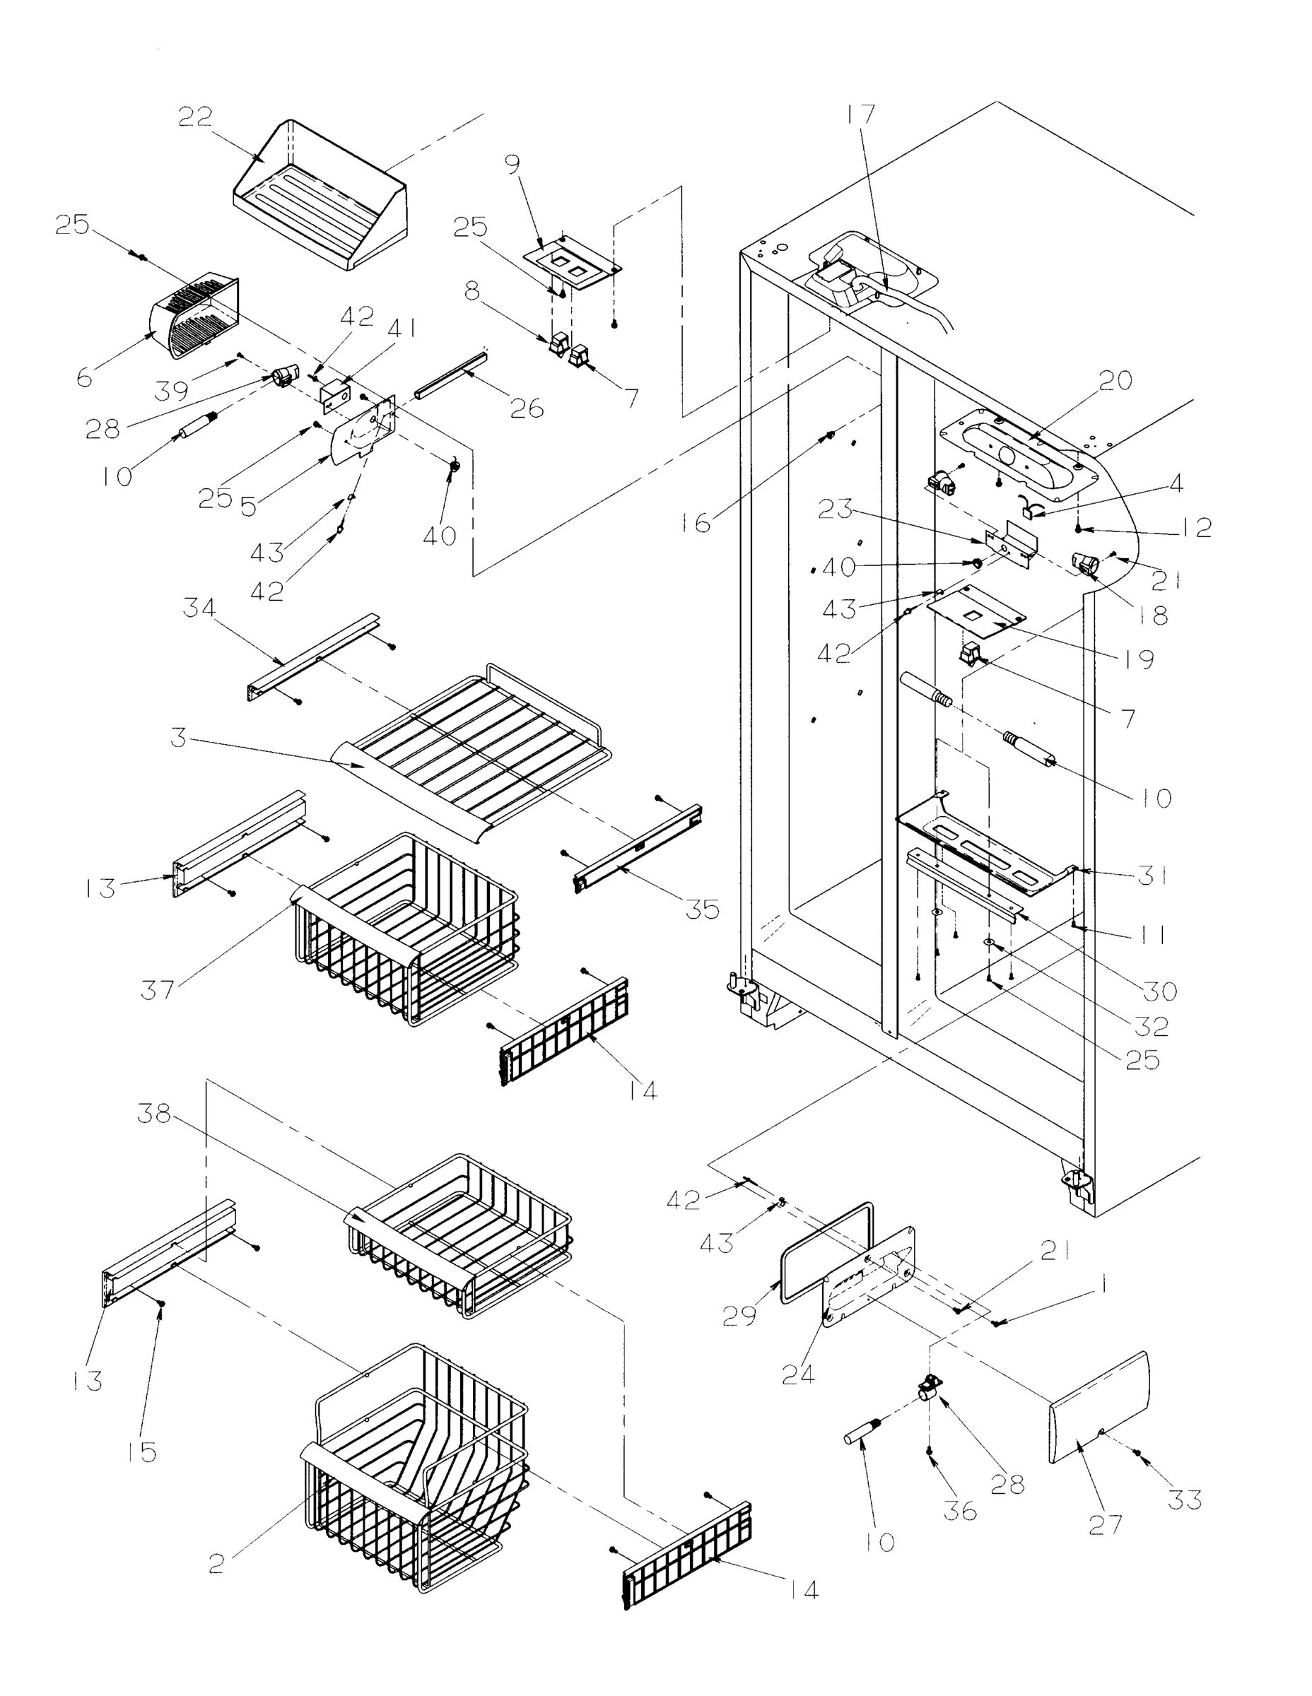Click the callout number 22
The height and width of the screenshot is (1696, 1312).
click(195, 117)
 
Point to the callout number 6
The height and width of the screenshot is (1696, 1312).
click(85, 377)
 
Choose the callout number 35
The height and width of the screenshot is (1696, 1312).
click(701, 909)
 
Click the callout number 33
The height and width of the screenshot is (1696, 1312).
click(1185, 1500)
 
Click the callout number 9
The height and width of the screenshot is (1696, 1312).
click(512, 164)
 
